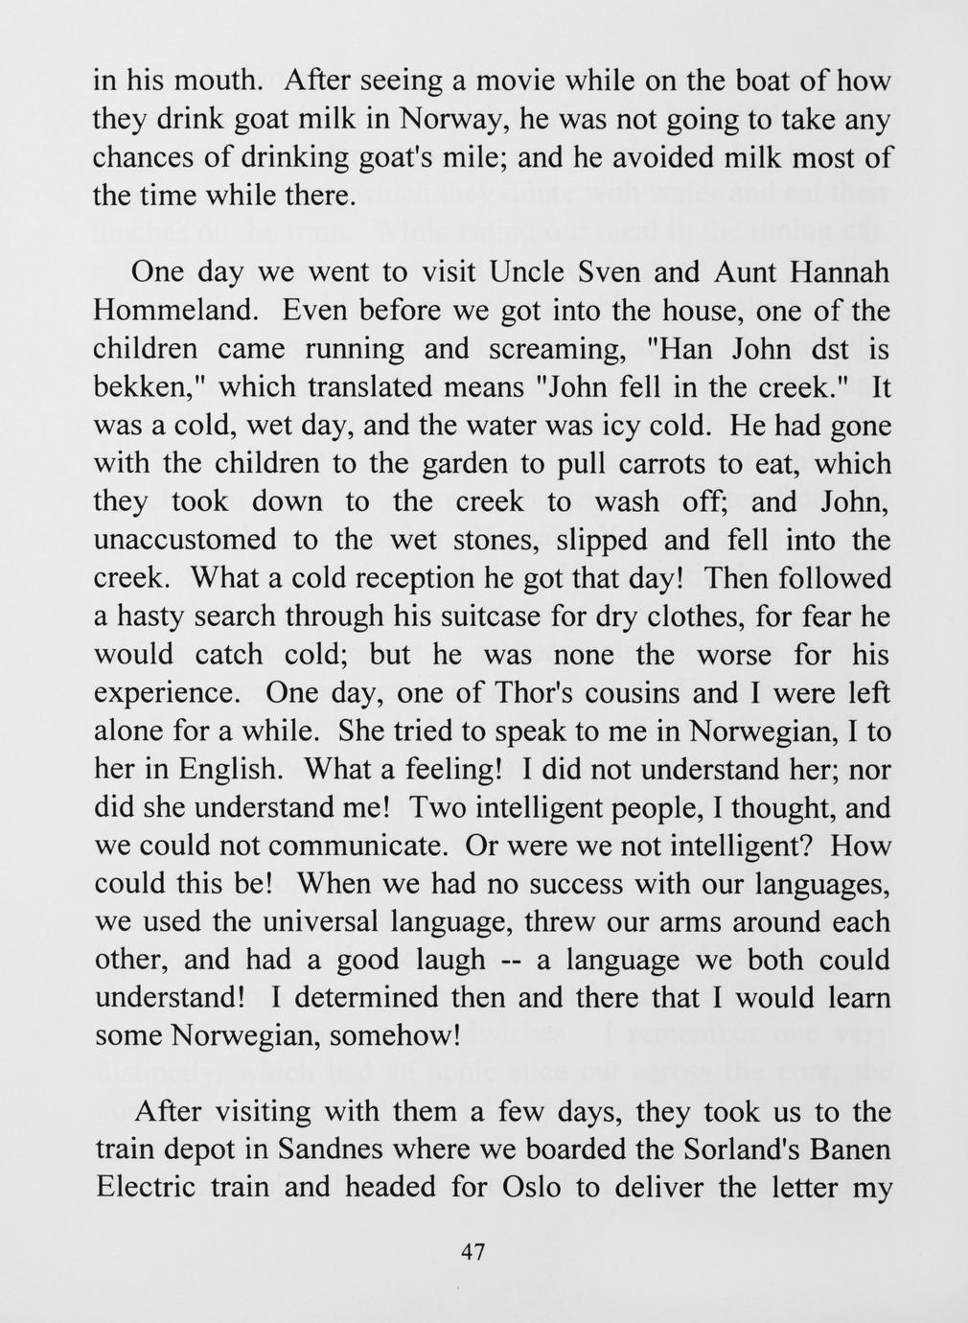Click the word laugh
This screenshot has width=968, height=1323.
[446, 961]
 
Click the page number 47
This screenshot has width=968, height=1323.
[474, 1252]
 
